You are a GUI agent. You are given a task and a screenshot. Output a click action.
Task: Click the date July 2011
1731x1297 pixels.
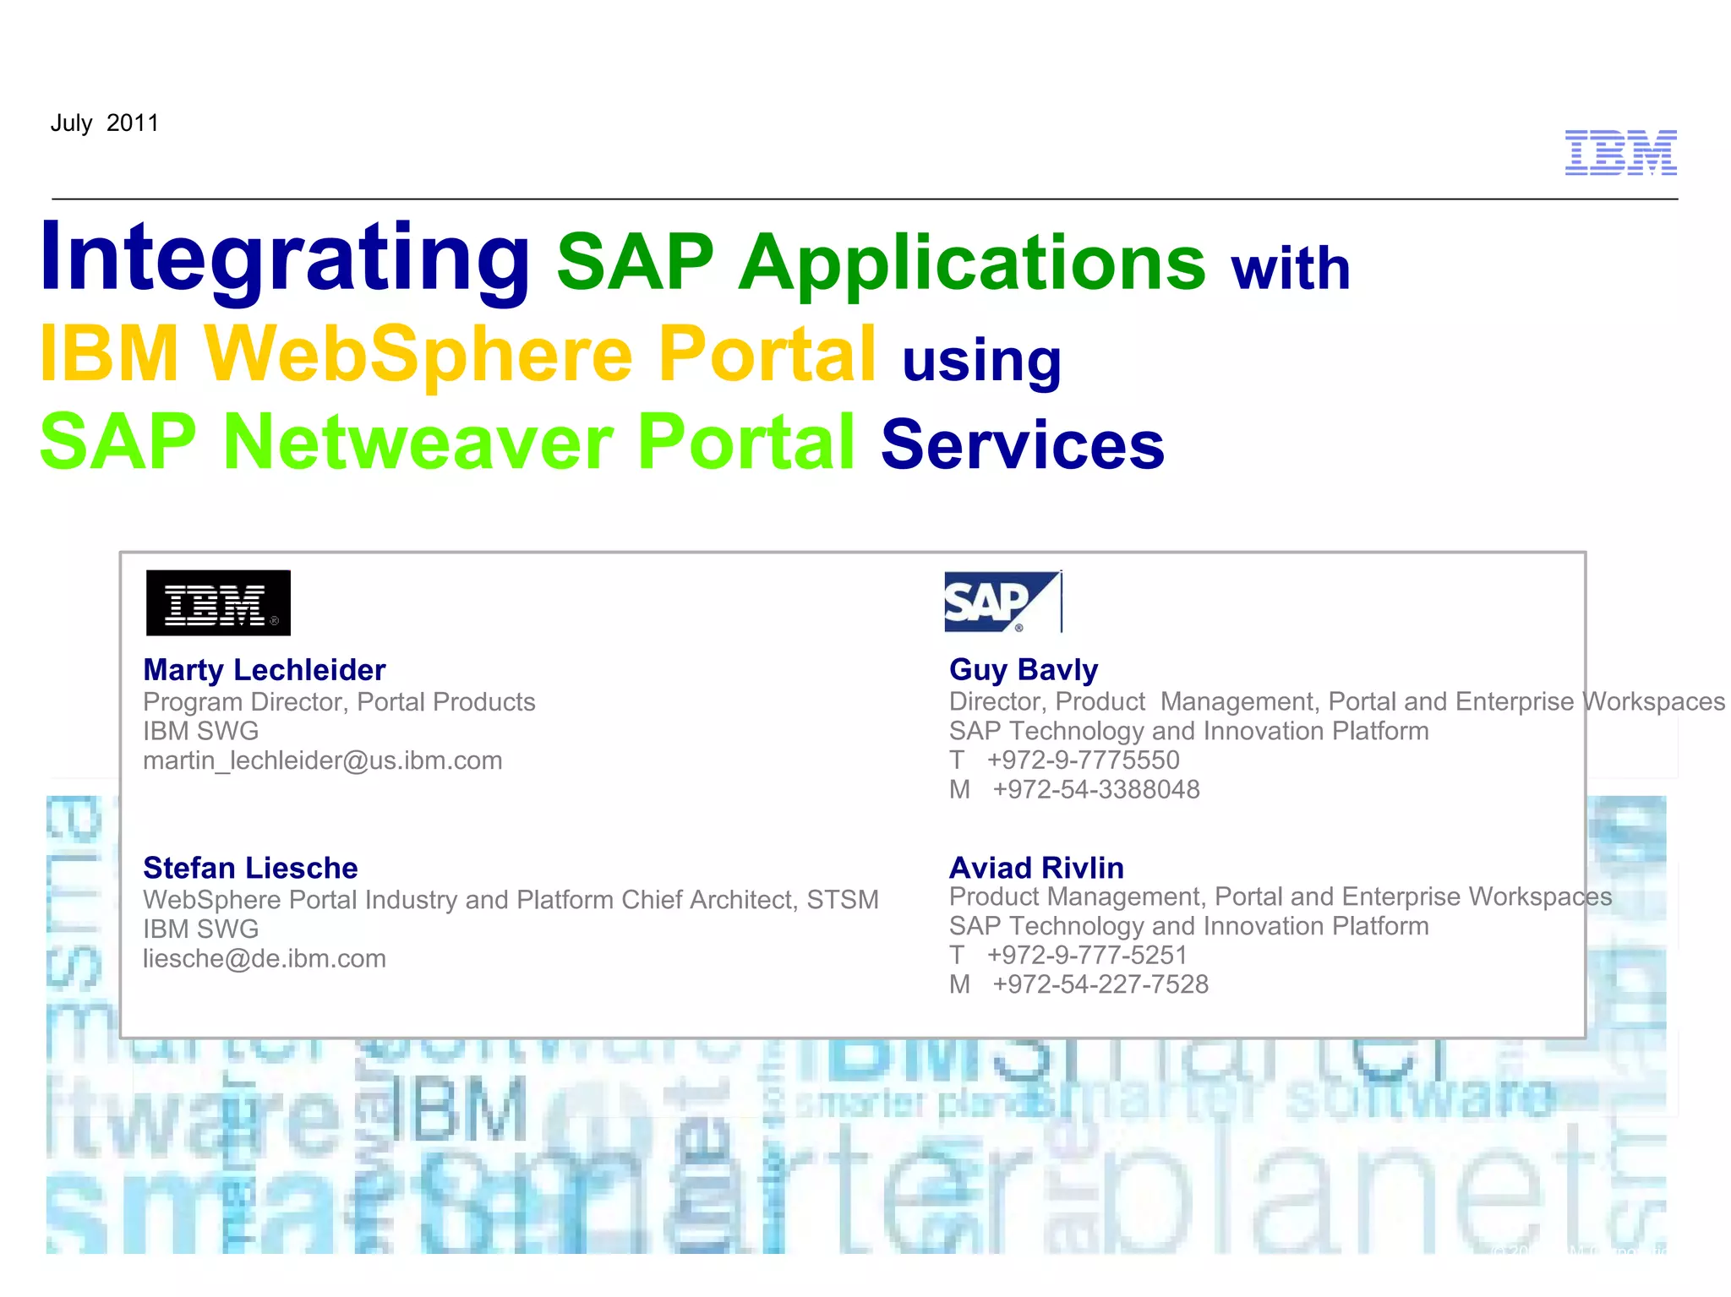pyautogui.click(x=104, y=123)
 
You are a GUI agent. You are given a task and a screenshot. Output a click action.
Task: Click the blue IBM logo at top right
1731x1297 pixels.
pyautogui.click(x=1620, y=153)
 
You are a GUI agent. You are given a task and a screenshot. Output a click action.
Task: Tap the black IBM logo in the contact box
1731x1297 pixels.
pyautogui.click(x=218, y=602)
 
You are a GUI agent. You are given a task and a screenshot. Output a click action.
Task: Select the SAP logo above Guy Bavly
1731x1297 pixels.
pyautogui.click(x=1002, y=602)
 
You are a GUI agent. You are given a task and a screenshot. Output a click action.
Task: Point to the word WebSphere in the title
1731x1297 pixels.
pyautogui.click(x=418, y=353)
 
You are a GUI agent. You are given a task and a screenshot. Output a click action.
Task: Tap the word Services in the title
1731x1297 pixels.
pyautogui.click(x=1023, y=444)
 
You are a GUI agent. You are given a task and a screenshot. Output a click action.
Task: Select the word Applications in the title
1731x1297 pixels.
pyautogui.click(x=972, y=263)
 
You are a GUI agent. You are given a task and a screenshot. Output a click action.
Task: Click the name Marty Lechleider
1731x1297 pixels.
pyautogui.click(x=264, y=670)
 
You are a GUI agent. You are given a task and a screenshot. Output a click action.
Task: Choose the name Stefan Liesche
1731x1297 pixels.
pyautogui.click(x=250, y=868)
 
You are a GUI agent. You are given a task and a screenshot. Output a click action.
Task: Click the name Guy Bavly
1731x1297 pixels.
pyautogui.click(x=1023, y=670)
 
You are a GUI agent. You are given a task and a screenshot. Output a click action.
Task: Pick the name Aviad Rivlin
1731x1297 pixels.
pyautogui.click(x=1036, y=868)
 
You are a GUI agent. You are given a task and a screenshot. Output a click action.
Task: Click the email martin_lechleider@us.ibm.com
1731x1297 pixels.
pyautogui.click(x=322, y=760)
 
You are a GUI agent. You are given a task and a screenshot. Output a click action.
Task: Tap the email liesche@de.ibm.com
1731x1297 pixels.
pyautogui.click(x=264, y=958)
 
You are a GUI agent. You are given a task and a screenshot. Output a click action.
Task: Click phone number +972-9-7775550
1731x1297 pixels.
pyautogui.click(x=1083, y=760)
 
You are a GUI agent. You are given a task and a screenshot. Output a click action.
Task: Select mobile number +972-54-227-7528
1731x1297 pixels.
pyautogui.click(x=1100, y=984)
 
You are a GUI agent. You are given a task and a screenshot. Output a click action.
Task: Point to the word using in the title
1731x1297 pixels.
pyautogui.click(x=981, y=361)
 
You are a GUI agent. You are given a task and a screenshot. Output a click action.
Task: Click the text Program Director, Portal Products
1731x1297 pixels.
pyautogui.click(x=339, y=702)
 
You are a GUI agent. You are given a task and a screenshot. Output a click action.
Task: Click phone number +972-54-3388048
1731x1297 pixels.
pyautogui.click(x=1095, y=789)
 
